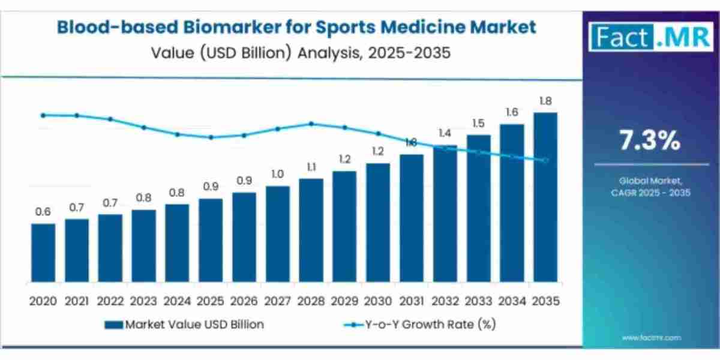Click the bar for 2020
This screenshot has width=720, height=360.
43,253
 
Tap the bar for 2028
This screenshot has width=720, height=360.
311,230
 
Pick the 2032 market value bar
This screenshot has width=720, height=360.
445,214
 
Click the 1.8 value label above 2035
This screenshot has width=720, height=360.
545,101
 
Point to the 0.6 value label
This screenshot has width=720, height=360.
43,212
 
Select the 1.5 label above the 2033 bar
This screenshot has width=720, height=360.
478,123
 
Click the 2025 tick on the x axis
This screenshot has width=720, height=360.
211,300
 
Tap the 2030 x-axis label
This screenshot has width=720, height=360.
378,300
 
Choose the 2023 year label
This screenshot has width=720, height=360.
143,300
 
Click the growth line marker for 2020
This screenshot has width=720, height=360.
43,115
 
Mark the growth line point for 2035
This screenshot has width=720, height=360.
545,160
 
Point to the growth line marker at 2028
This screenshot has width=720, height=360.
311,124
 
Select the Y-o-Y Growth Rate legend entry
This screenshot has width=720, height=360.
420,325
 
